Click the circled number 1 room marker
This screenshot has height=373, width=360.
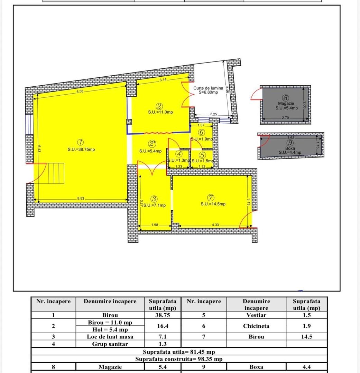(x=80, y=142)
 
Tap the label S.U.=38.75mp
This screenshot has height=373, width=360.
(x=81, y=150)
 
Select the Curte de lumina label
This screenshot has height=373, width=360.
(x=208, y=88)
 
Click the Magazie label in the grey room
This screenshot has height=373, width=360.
(x=286, y=103)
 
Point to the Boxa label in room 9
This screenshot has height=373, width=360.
(x=290, y=148)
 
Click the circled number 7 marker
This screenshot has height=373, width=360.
(x=211, y=198)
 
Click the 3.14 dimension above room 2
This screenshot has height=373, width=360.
(x=163, y=80)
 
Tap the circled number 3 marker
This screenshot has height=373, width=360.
(x=154, y=199)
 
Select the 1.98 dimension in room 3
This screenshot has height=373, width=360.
(x=155, y=225)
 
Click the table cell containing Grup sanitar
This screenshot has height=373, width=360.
(x=110, y=344)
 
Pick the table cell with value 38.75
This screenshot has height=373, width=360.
(x=163, y=315)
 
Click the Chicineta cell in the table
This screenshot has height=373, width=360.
(x=256, y=326)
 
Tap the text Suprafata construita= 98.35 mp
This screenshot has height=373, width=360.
(x=179, y=359)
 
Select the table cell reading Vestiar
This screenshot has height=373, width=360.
(x=256, y=315)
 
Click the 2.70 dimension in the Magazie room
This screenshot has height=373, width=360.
(x=285, y=118)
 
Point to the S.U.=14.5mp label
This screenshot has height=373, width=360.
(x=213, y=204)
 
